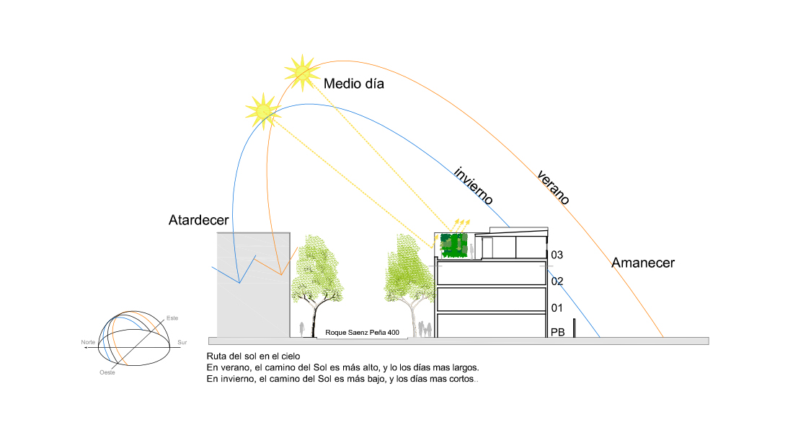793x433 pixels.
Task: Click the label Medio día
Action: point(353,84)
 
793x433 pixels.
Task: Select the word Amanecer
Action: point(643,263)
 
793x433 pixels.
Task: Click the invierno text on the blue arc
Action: point(473,186)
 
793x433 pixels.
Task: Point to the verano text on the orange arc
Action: point(554,187)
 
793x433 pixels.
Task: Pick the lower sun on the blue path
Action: point(262,110)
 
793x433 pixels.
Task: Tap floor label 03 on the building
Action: point(557,255)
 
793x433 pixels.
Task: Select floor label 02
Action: point(557,281)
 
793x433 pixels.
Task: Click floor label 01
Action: point(557,309)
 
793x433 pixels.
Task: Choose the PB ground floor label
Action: point(557,333)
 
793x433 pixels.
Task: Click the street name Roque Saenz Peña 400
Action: point(362,333)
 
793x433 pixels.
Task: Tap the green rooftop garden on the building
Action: point(453,245)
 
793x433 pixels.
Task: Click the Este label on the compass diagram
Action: point(172,318)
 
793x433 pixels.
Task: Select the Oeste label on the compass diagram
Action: point(107,372)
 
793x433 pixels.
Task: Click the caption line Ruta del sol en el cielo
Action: point(252,357)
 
